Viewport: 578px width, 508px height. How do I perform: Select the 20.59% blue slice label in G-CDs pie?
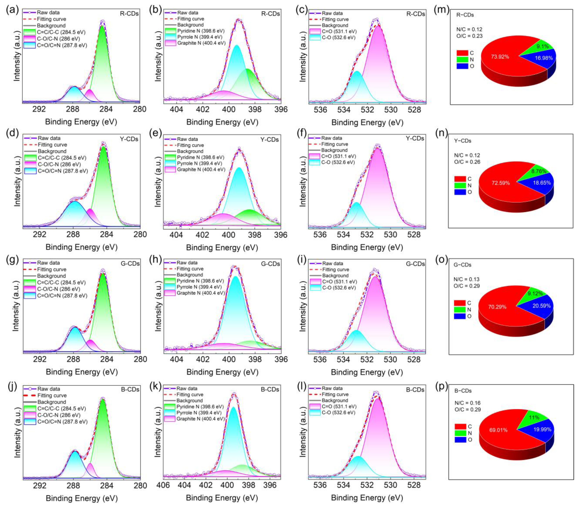[x=541, y=306]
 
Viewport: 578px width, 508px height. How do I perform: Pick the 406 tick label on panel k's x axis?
[x=163, y=486]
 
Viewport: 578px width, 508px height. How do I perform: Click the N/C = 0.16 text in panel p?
[x=467, y=403]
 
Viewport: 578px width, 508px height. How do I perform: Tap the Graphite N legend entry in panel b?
[x=201, y=43]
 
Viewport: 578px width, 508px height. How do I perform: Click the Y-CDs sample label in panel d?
[x=129, y=139]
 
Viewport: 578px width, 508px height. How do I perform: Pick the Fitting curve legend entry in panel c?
[x=335, y=19]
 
